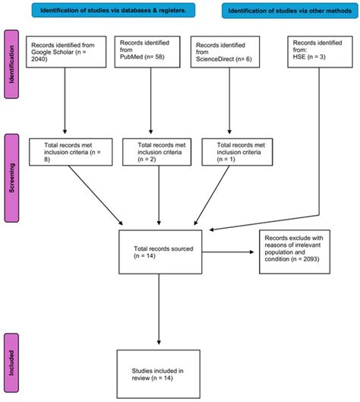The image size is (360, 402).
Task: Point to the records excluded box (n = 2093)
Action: [302, 248]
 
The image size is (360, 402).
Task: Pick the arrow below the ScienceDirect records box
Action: [229, 106]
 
